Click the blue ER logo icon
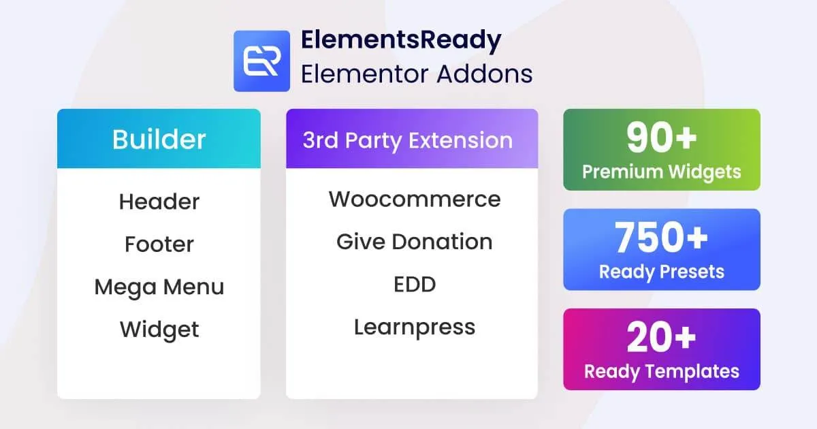coord(261,61)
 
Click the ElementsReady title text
coord(401,41)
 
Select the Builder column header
coord(159,139)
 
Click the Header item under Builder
coord(159,202)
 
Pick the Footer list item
coord(159,244)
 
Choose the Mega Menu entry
coord(159,287)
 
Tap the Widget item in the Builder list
coord(159,329)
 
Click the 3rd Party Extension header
coord(408,140)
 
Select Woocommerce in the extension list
coord(415,200)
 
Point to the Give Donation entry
coord(414,242)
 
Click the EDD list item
coord(414,285)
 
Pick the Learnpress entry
coord(414,328)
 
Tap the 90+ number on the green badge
coord(661,138)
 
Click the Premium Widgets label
coord(661,172)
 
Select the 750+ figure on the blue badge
coord(661,238)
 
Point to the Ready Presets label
coord(661,272)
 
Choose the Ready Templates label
coord(661,371)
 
